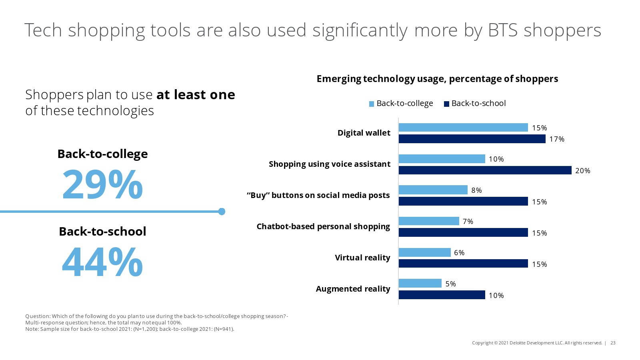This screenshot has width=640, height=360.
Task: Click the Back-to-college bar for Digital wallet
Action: (x=463, y=128)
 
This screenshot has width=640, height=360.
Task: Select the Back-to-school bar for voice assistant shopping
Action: (x=485, y=170)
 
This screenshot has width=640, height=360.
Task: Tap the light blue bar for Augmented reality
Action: (x=420, y=284)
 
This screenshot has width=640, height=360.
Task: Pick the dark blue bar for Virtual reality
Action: (x=463, y=264)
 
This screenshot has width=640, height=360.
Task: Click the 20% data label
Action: (x=582, y=171)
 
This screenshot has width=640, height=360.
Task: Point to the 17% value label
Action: (x=556, y=139)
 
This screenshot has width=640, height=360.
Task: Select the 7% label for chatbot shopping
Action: (x=468, y=222)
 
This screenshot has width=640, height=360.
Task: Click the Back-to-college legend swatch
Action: (x=372, y=104)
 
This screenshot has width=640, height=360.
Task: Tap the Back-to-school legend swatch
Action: (x=446, y=104)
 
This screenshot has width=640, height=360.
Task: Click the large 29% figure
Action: (x=102, y=185)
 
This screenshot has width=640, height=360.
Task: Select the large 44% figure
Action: (x=102, y=262)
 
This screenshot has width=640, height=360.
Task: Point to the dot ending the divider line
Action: (x=222, y=212)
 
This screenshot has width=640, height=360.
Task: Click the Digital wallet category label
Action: (x=364, y=133)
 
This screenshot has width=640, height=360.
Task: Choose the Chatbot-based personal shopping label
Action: (x=323, y=226)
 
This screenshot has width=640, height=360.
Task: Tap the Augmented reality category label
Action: (x=353, y=289)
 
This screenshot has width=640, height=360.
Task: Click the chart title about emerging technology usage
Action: (x=437, y=79)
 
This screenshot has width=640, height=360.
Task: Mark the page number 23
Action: (x=613, y=343)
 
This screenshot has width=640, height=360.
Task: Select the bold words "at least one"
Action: (x=196, y=95)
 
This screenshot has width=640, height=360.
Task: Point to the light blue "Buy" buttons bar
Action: (x=433, y=190)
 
